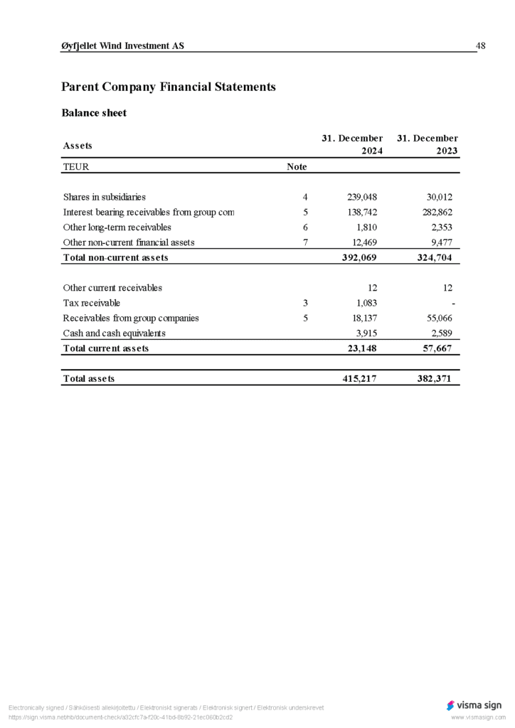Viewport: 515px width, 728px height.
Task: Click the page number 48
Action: pos(480,46)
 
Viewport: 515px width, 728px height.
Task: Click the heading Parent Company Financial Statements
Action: pos(168,87)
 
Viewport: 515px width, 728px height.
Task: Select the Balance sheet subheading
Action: pos(94,113)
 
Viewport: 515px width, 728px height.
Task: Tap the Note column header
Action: pos(296,167)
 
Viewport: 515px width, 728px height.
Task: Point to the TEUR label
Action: pos(76,167)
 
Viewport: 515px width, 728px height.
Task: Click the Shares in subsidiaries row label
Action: pos(104,197)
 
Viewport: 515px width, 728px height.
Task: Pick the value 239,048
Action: pos(361,197)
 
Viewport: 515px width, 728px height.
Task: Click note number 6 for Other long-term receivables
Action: pos(305,227)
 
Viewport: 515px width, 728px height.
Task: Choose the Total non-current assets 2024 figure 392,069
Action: pos(360,257)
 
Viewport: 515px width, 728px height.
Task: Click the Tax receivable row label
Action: pos(91,303)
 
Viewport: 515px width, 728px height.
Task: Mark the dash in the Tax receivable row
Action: pos(453,304)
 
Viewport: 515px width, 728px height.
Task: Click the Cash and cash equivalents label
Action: pos(114,333)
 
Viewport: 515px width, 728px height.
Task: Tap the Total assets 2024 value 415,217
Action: pos(360,379)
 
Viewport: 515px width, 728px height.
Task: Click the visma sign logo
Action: pos(474,705)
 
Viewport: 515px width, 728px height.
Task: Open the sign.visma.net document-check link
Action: pos(120,717)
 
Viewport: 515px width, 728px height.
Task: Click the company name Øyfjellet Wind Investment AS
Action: pos(123,46)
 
